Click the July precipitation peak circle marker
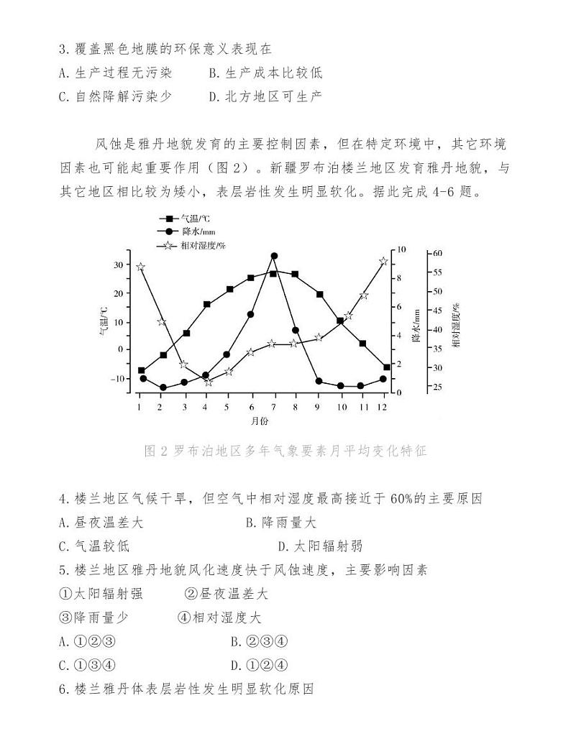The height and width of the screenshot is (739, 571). (274, 256)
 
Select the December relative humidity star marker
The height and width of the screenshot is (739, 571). (383, 262)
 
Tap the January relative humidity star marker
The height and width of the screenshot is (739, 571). (141, 267)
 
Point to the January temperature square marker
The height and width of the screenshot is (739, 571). (142, 370)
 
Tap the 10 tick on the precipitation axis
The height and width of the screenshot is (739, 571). (401, 249)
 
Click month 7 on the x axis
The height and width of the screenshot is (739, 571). (273, 406)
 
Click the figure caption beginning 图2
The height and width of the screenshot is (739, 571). (285, 451)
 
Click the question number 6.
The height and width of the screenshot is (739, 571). (63, 689)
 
